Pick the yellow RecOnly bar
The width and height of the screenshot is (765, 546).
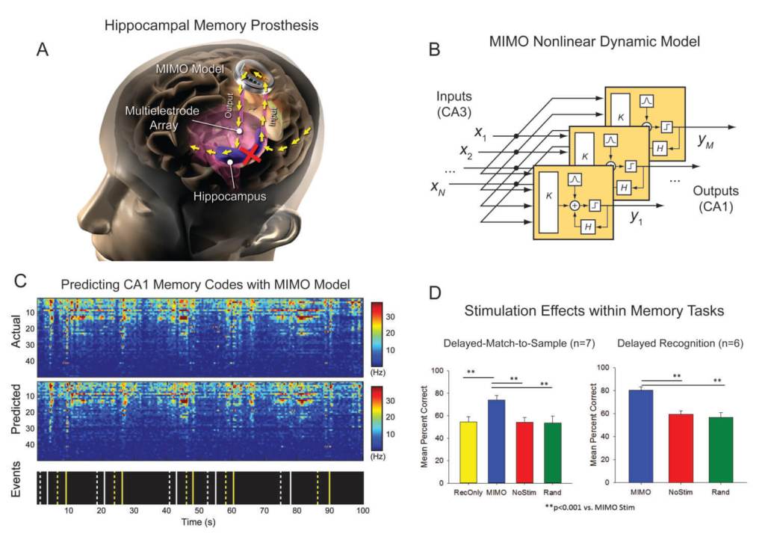[468, 453]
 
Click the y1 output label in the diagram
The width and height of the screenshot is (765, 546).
[637, 218]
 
